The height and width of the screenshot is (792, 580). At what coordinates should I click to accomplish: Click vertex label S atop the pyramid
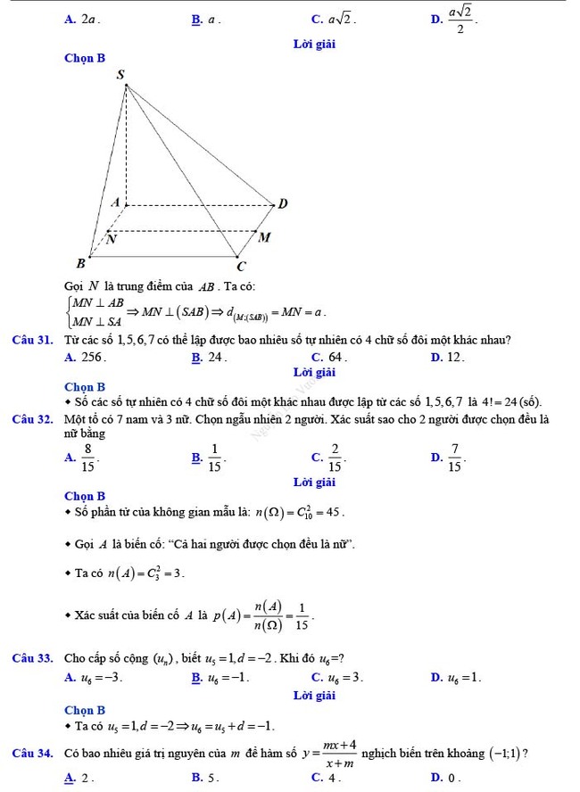(x=121, y=74)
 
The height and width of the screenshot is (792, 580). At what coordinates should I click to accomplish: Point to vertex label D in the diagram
(x=283, y=203)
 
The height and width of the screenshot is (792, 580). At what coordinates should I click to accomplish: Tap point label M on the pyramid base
(x=263, y=237)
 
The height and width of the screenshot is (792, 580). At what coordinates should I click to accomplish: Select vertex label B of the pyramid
(x=80, y=263)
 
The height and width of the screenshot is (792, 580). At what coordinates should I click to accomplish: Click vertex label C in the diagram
(x=239, y=266)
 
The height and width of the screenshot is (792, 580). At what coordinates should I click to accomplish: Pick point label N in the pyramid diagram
(x=111, y=239)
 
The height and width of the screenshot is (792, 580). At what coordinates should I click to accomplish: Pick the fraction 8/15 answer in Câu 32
(x=87, y=458)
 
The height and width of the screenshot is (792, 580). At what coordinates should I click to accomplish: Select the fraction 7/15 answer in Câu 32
(x=454, y=458)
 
